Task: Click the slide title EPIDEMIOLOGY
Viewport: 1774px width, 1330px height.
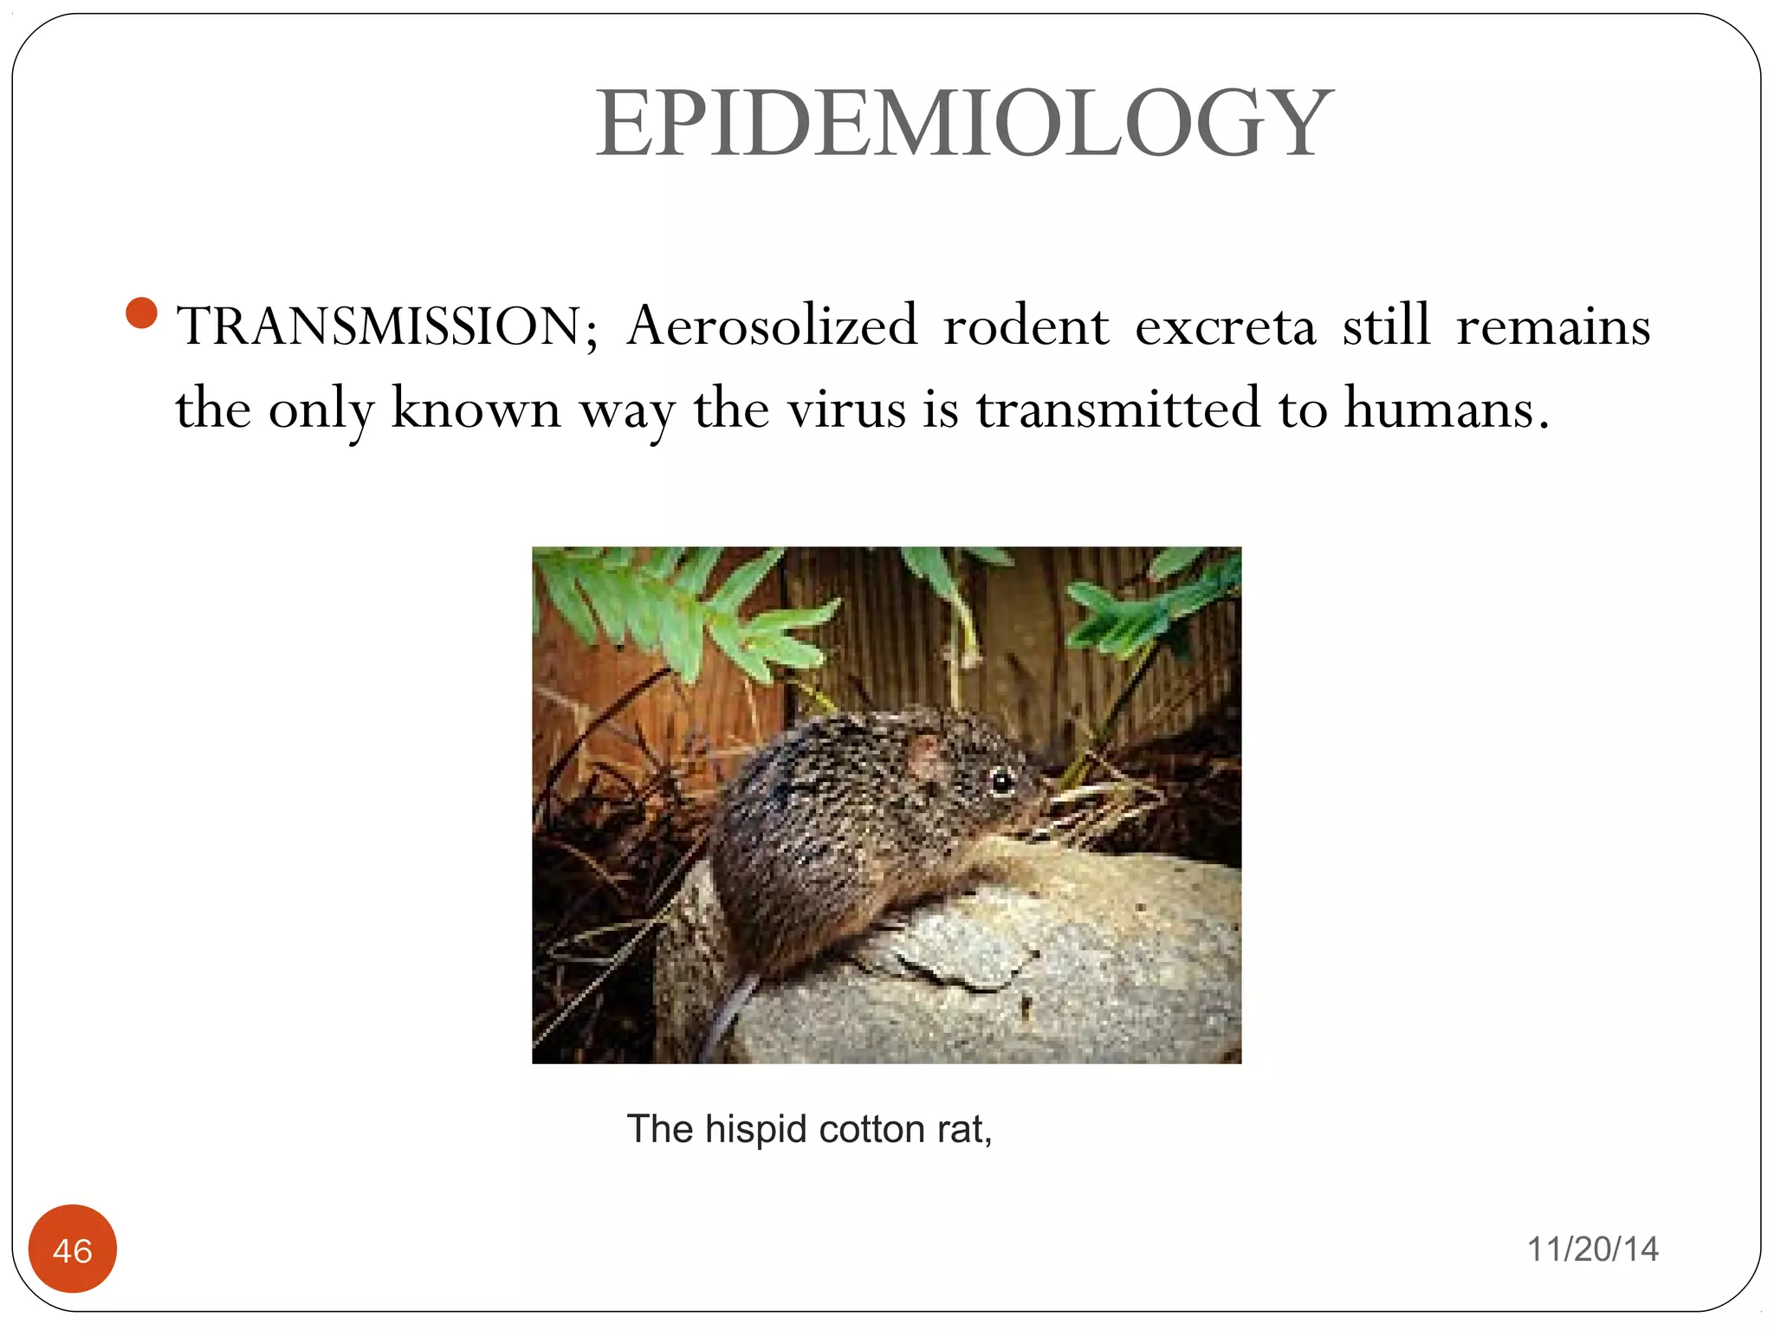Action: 963,124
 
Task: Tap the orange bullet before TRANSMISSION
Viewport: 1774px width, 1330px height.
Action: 141,313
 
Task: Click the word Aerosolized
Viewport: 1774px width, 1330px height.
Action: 772,326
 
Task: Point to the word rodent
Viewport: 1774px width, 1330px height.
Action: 1026,326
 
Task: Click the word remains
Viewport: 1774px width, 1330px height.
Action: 1552,326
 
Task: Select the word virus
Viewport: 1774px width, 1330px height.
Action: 845,408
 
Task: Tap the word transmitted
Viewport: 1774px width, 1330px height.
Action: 1118,408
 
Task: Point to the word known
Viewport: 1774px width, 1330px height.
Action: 476,408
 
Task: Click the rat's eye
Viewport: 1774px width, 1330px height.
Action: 1001,781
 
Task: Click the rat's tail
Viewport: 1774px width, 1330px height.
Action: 728,1013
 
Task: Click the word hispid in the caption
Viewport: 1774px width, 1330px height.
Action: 756,1130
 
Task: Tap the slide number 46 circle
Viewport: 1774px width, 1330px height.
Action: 73,1249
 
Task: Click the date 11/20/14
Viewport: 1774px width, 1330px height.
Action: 1592,1249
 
